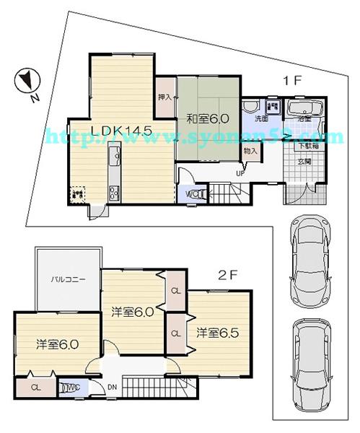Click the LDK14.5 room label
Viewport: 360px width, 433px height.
121,130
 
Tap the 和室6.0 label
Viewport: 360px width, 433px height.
208,118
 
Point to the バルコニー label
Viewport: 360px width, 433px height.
69,278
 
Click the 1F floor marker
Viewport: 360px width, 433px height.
291,82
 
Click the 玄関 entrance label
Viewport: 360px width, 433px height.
305,162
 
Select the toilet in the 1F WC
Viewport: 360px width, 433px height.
192,193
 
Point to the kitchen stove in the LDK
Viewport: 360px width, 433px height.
113,191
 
